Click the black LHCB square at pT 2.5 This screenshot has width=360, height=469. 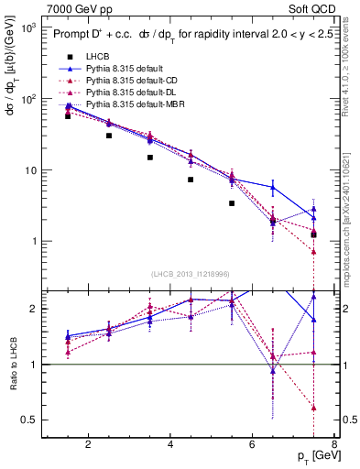point(109,136)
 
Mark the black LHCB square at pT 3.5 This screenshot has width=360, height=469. point(150,158)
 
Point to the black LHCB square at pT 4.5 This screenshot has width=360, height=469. point(191,180)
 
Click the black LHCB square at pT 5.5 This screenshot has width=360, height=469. point(232,203)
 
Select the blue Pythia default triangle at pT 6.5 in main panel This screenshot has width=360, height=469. point(273,188)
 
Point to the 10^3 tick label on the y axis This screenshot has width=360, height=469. point(27,28)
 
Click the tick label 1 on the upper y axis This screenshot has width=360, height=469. point(33,242)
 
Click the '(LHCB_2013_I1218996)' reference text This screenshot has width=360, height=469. point(191,274)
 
